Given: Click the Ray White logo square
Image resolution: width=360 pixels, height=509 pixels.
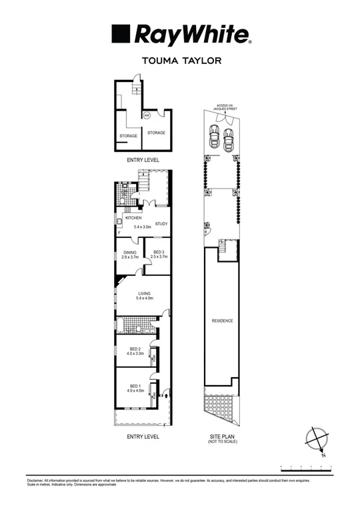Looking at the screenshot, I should [120, 33].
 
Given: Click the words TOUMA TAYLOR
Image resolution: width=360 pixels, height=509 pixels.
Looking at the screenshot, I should [180, 61].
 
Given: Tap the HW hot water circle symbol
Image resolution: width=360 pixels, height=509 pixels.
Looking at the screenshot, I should [147, 116].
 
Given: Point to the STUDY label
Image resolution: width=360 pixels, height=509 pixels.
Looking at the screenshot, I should [161, 224].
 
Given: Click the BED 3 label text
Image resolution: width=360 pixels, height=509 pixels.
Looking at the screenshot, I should [157, 252].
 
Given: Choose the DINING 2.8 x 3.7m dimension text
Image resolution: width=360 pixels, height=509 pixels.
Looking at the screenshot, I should [129, 257].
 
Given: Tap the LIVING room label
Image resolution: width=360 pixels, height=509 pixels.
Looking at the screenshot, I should [145, 293].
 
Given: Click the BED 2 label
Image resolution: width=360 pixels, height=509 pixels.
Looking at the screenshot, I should [135, 349].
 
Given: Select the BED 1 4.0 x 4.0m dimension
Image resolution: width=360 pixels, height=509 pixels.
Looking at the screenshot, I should [135, 390].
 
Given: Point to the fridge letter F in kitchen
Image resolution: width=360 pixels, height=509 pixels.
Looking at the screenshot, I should [119, 232].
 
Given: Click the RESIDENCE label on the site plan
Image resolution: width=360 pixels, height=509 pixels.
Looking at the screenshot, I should [223, 321].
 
